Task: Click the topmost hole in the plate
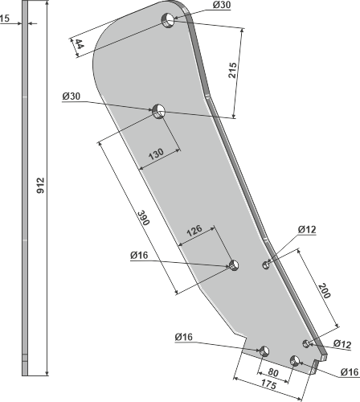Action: pos(169,19)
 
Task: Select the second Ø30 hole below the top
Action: pos(158,109)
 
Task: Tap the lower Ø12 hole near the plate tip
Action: pos(306,343)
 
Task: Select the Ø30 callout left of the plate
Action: pos(72,96)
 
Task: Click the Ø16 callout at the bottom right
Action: pos(348,371)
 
